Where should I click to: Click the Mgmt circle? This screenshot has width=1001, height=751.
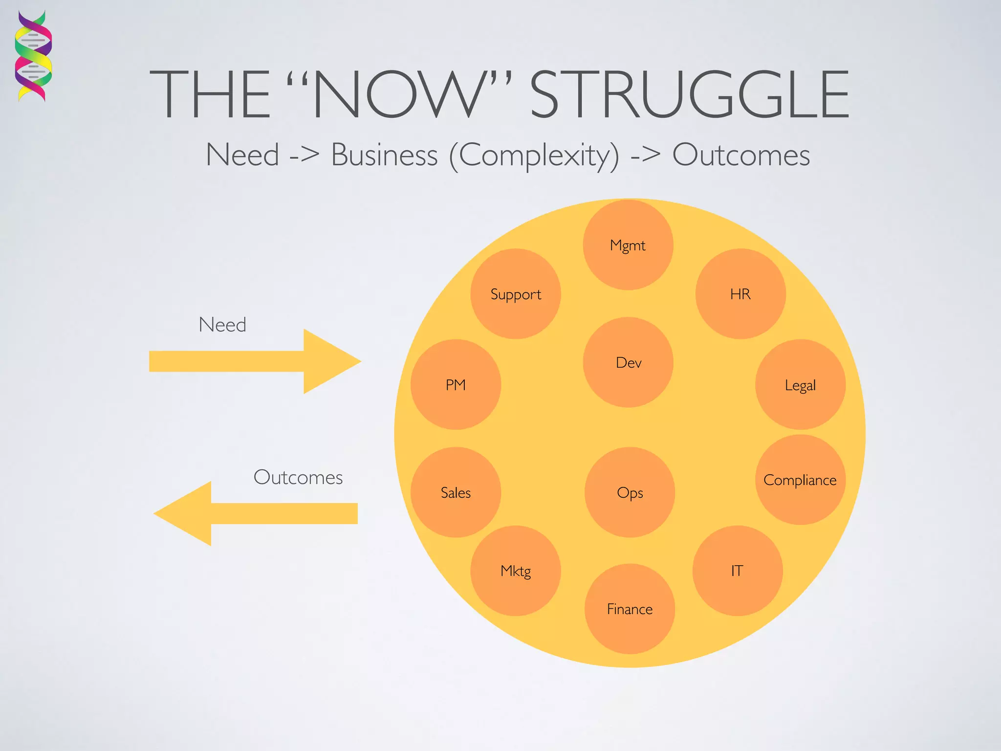[628, 245]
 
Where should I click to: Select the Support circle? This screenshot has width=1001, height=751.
[516, 294]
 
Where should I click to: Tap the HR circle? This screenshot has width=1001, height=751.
[740, 294]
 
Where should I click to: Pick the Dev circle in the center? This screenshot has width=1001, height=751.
[628, 362]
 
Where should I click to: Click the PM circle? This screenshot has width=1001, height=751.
[456, 385]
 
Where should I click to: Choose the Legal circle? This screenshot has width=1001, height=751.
[800, 385]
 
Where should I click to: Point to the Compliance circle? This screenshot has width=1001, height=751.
[800, 480]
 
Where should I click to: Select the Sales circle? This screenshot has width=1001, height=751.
[456, 492]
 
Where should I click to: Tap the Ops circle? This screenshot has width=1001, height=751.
[630, 492]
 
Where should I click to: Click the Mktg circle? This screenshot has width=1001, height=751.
[516, 571]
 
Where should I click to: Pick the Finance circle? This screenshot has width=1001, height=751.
[630, 609]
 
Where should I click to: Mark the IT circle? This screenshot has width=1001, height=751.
[737, 571]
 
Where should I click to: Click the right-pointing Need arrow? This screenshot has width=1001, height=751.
[254, 361]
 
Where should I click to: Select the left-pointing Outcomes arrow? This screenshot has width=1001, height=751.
[255, 513]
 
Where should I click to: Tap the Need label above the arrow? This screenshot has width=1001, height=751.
[222, 325]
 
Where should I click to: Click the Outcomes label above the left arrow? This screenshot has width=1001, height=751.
[298, 477]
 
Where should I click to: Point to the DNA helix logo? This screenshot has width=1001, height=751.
[33, 56]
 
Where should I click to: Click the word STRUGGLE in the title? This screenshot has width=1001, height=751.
[689, 94]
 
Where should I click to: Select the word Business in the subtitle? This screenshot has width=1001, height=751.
[384, 155]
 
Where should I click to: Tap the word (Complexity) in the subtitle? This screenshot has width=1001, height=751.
[534, 156]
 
